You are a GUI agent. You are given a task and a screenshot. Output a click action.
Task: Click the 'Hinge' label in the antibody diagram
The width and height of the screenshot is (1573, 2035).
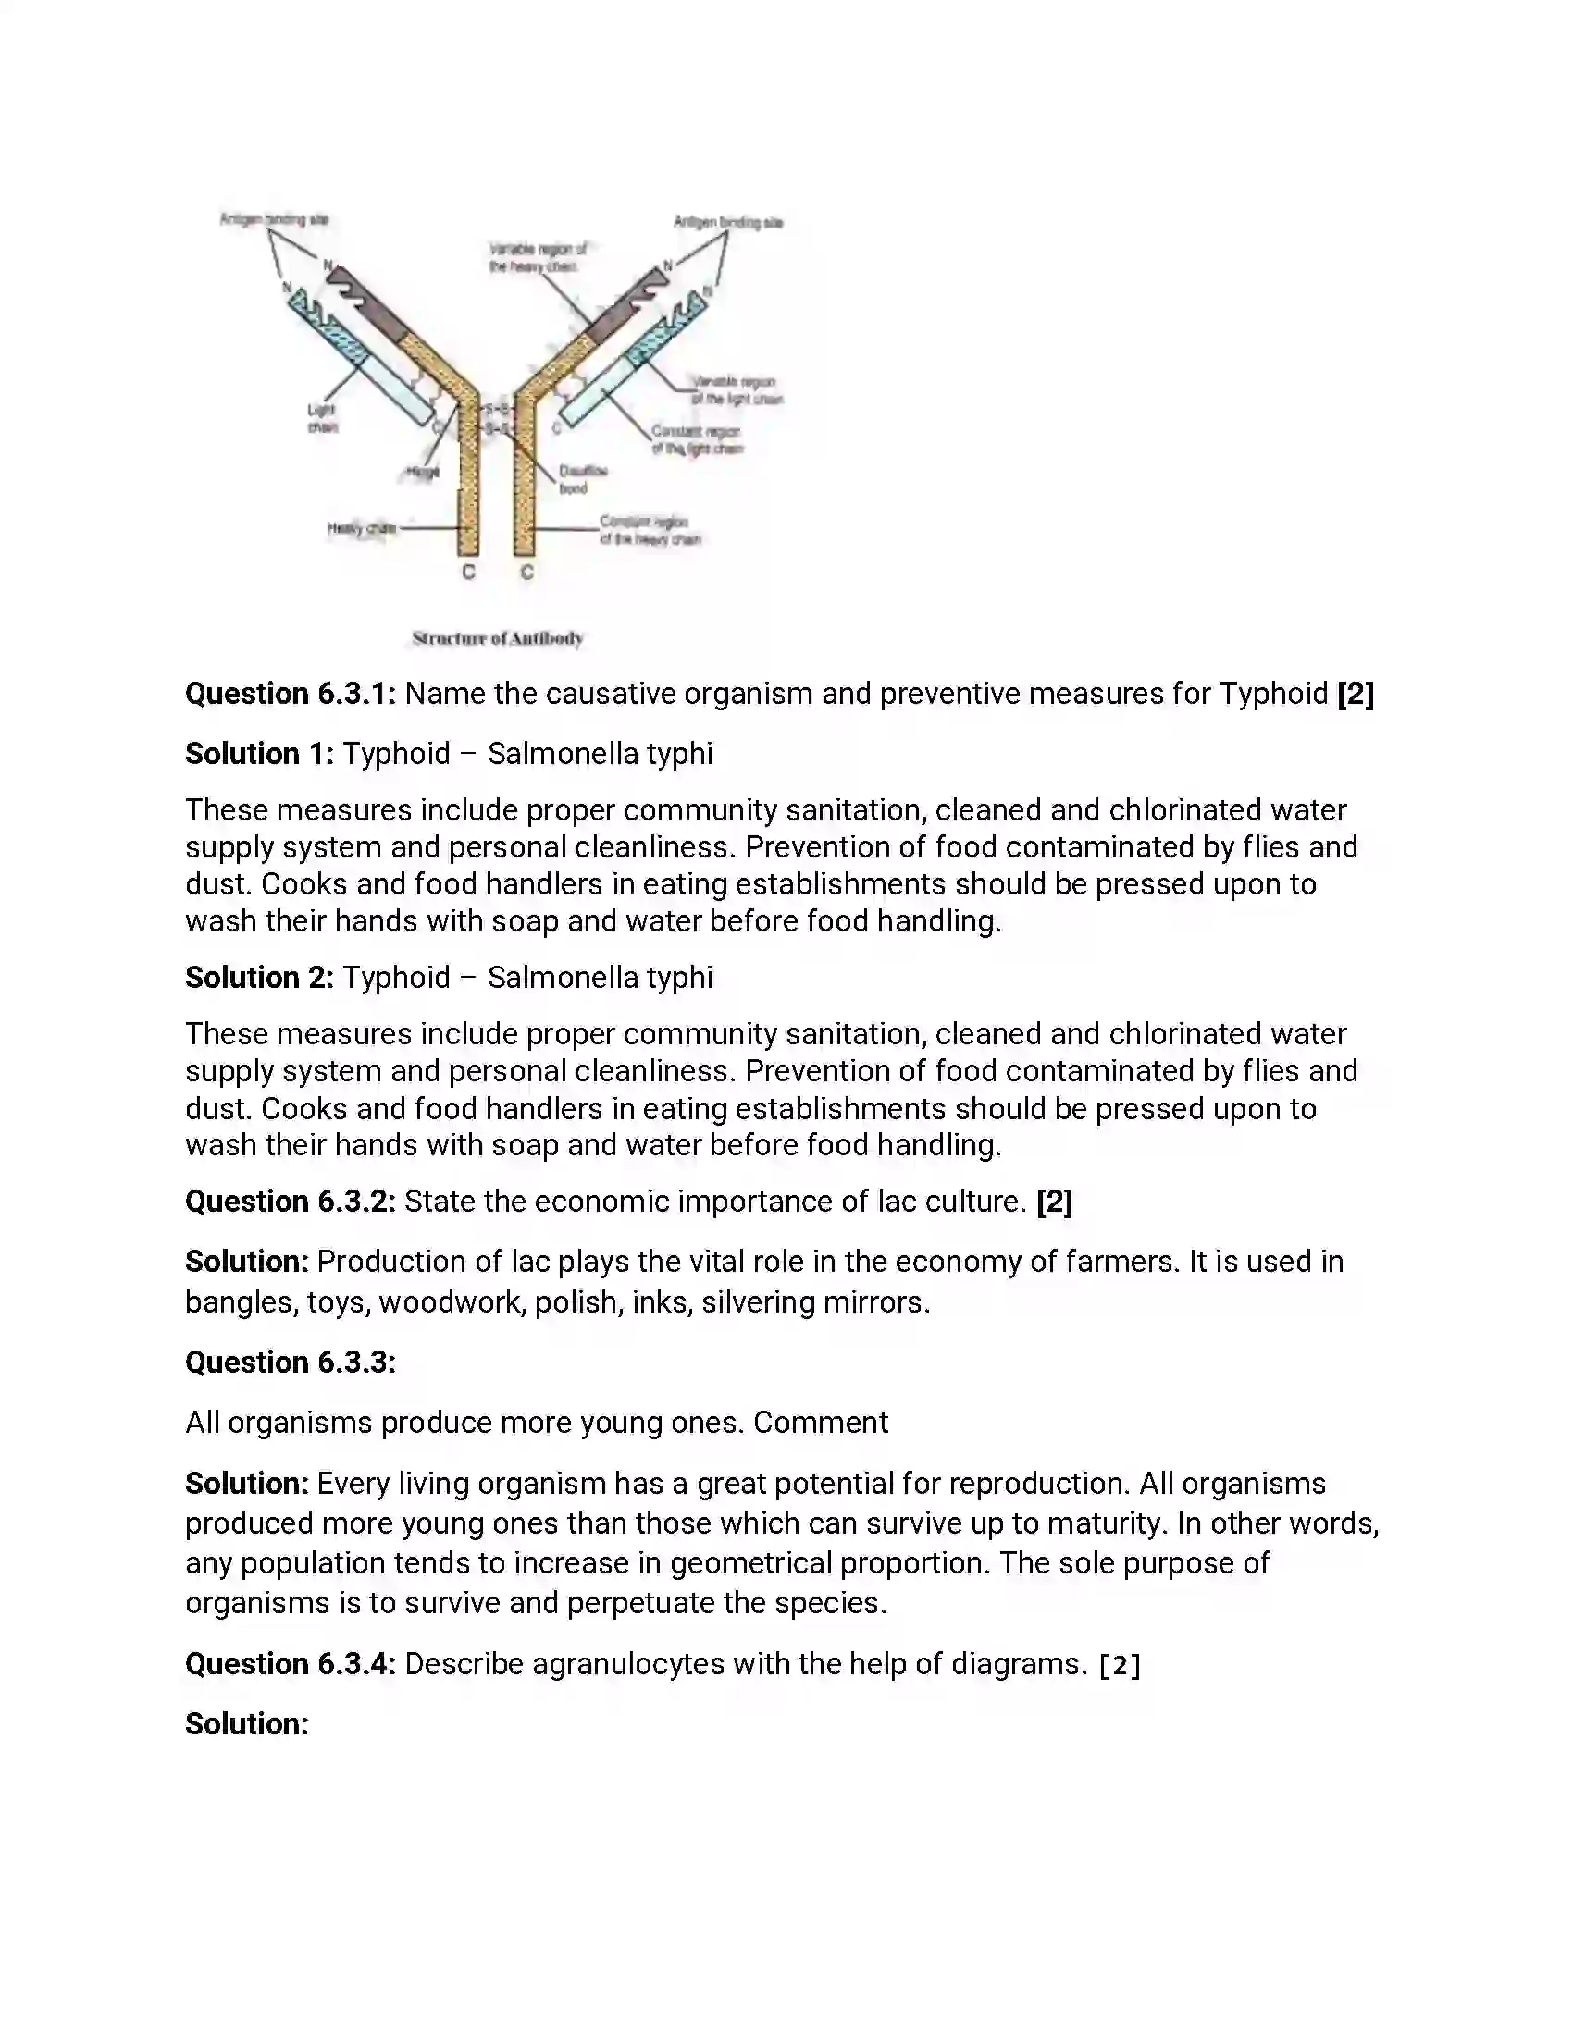[422, 474]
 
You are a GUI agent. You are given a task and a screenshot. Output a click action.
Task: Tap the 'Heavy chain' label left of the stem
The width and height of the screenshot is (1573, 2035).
[362, 529]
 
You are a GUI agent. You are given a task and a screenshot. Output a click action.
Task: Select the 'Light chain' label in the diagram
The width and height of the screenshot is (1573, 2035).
[322, 418]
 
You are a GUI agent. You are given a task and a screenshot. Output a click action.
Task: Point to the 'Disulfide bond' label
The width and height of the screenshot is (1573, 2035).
[582, 479]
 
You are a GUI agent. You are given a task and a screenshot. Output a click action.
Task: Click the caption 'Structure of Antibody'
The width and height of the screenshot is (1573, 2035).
[498, 638]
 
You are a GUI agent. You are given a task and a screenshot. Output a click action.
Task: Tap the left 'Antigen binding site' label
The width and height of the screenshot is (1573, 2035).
[274, 220]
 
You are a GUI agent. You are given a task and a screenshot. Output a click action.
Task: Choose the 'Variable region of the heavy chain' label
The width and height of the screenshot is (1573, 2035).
[538, 257]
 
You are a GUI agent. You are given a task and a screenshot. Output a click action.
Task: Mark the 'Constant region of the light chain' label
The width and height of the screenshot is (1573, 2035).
[696, 439]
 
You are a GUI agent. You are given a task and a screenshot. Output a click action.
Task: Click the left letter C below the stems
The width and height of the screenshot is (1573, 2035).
[469, 572]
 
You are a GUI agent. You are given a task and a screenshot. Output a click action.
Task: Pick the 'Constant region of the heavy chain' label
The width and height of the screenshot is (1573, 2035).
[650, 530]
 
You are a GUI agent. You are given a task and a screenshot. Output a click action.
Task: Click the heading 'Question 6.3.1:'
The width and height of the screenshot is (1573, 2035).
[291, 694]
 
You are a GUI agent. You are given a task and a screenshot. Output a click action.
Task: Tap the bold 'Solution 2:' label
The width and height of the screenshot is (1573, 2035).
[259, 978]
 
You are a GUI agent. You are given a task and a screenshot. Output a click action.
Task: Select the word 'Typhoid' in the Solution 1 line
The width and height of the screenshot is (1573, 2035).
[396, 754]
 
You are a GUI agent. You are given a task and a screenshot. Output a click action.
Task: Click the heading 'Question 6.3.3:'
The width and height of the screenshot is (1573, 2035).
[291, 1363]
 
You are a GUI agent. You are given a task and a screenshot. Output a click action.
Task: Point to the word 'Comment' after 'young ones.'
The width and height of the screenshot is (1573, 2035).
[820, 1423]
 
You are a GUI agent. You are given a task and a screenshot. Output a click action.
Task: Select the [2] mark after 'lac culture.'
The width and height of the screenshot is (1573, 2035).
[1054, 1202]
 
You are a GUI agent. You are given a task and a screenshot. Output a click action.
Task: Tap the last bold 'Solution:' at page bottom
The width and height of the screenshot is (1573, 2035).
[247, 1724]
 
